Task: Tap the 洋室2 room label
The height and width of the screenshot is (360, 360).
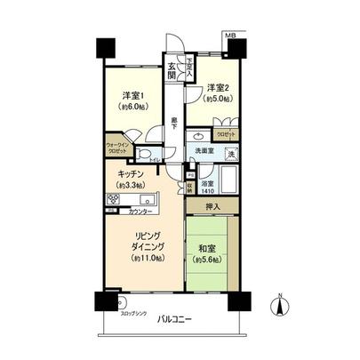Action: [218, 87]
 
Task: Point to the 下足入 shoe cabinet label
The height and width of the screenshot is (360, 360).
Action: [188, 66]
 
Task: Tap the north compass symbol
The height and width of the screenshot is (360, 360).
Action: [281, 306]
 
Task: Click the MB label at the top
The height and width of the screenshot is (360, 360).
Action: [230, 36]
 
